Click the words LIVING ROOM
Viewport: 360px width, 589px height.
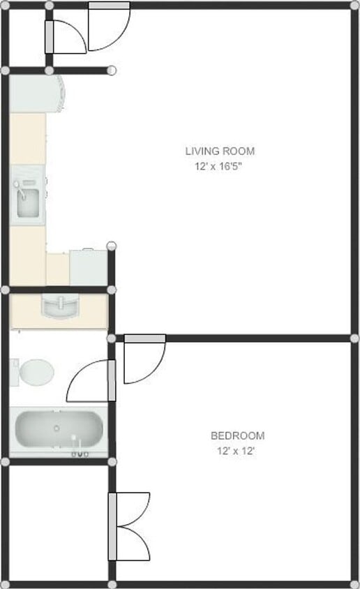click(220, 151)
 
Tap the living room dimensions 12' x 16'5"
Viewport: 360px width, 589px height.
click(220, 167)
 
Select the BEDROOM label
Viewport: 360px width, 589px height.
click(237, 436)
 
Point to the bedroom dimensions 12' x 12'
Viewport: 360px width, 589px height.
click(237, 452)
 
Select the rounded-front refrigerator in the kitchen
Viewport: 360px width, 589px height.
click(38, 94)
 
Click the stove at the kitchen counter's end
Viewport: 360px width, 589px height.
click(89, 267)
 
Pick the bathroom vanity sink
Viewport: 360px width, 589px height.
click(60, 306)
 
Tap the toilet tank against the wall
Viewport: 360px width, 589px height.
click(14, 371)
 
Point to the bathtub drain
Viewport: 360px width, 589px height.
click(57, 428)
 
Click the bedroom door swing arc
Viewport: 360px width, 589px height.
click(145, 363)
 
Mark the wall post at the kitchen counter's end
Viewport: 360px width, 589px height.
click(112, 245)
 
